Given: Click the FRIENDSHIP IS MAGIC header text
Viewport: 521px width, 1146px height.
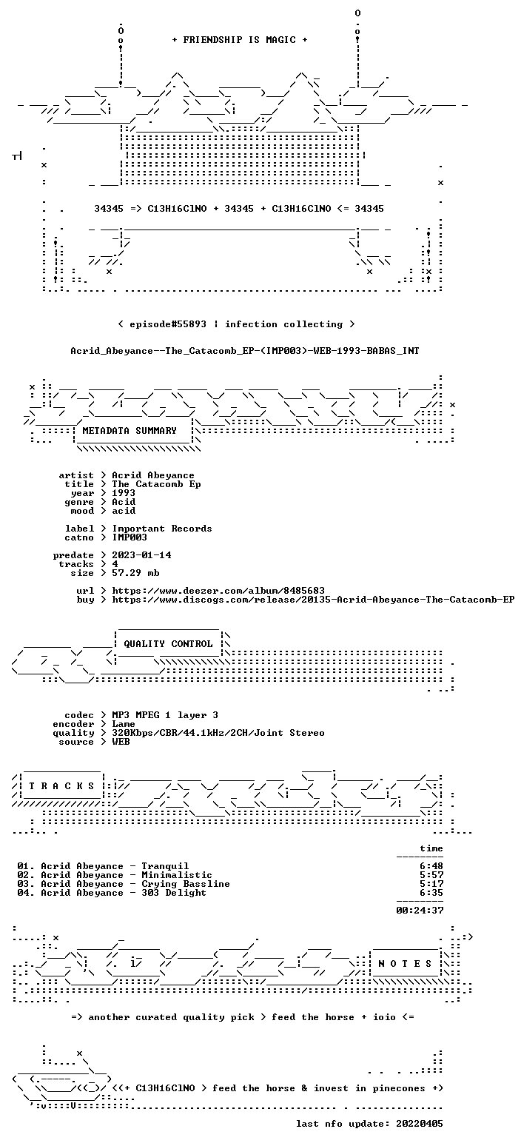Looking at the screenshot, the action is pyautogui.click(x=240, y=40).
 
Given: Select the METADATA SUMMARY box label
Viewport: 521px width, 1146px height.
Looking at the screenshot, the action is pyautogui.click(x=130, y=431).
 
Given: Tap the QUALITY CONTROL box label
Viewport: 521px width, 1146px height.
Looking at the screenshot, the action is pyautogui.click(x=168, y=644).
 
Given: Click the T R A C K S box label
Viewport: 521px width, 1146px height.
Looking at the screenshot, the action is pyautogui.click(x=62, y=786).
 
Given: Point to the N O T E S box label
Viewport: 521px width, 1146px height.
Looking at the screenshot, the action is pyautogui.click(x=405, y=964).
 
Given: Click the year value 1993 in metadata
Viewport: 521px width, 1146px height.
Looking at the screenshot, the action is pyautogui.click(x=124, y=493).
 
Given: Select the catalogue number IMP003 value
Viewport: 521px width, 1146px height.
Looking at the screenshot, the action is pyautogui.click(x=130, y=537).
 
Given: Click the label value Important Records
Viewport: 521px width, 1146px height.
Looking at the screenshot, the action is pyautogui.click(x=162, y=529).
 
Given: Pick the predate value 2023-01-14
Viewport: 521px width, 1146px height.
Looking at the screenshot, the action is pyautogui.click(x=141, y=556).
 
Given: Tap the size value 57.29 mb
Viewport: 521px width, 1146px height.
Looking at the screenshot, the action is pyautogui.click(x=135, y=573).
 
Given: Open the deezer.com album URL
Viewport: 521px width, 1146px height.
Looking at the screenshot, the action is pyautogui.click(x=218, y=591).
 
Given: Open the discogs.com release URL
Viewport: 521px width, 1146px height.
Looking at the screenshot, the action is pyautogui.click(x=314, y=600).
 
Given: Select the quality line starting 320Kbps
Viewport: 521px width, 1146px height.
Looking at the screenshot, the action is pyautogui.click(x=218, y=733).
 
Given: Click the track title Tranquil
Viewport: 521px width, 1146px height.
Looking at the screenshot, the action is pyautogui.click(x=165, y=867).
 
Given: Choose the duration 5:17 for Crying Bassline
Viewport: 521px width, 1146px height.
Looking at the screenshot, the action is pyautogui.click(x=431, y=884).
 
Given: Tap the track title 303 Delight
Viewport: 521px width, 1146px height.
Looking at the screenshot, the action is pyautogui.click(x=174, y=894).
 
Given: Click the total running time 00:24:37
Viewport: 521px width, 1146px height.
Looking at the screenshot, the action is pyautogui.click(x=420, y=911).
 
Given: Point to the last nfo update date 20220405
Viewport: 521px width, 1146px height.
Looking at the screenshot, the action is pyautogui.click(x=420, y=1124).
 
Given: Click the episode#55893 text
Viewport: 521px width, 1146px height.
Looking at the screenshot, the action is pyautogui.click(x=168, y=324).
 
